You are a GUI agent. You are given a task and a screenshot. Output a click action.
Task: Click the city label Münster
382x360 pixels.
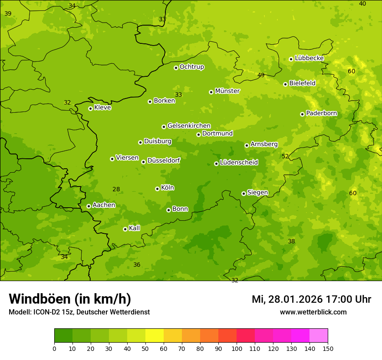pos(227,91)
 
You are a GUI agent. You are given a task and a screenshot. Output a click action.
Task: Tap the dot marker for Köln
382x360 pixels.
pos(157,189)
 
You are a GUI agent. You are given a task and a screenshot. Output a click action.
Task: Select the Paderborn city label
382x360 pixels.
pos(322,113)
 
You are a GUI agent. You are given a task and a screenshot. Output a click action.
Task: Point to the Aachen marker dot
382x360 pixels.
pos(89,206)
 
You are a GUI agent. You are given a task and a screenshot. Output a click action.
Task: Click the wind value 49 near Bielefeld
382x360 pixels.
pos(261,75)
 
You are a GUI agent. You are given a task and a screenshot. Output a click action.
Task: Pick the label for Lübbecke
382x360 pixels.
pos(309,58)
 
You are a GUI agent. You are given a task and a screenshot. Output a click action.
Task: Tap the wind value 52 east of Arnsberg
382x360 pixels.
pos(285,156)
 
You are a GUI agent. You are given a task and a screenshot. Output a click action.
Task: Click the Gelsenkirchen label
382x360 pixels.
pos(189,126)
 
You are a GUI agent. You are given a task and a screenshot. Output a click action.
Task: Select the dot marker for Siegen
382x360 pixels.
pos(244,193)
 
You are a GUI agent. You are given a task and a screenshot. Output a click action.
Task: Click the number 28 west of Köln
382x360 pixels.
pos(116,189)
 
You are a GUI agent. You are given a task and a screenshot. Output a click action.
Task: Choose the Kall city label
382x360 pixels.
pos(135,228)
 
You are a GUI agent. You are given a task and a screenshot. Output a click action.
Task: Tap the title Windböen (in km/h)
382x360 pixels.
pos(70,299)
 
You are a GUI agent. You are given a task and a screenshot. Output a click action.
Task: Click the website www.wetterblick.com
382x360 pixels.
pos(313,312)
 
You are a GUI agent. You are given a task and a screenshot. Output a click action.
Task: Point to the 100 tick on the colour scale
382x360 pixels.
pos(237,348)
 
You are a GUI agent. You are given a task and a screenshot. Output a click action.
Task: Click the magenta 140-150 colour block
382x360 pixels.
pos(319,336)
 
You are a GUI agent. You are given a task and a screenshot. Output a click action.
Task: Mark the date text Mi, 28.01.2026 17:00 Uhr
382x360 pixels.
pos(311,299)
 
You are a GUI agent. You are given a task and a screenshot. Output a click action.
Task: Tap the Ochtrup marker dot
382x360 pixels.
pos(176,68)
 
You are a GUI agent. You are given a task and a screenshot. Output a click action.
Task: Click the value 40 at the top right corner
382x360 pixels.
pos(362,3)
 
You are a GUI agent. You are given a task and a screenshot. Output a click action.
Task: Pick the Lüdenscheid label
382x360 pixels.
pos(239,163)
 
